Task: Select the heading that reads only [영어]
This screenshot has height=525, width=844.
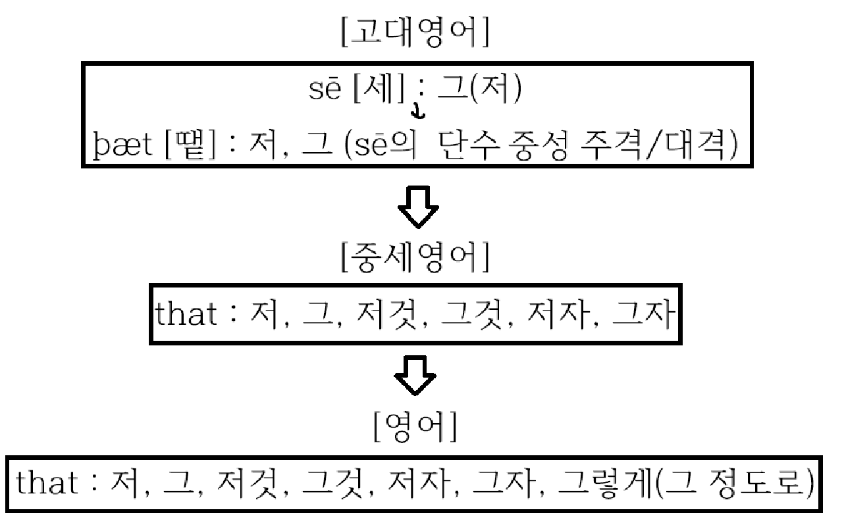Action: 415,430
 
